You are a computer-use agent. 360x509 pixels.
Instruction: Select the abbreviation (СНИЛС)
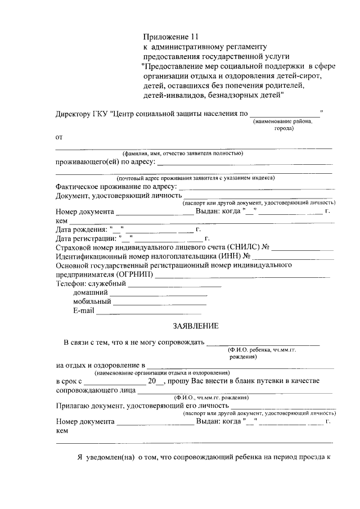tap(244, 247)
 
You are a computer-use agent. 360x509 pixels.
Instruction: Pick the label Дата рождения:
tap(81, 229)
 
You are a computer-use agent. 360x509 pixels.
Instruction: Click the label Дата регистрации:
tap(85, 238)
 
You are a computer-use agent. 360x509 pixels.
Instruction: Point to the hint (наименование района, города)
tap(286, 125)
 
